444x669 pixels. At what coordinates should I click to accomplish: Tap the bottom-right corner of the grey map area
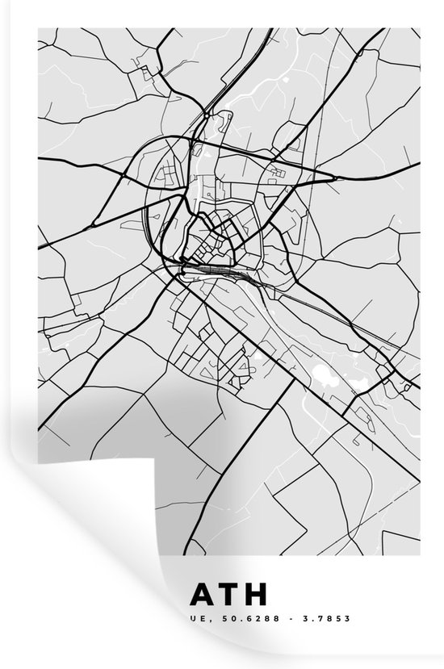pyautogui.click(x=419, y=555)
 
